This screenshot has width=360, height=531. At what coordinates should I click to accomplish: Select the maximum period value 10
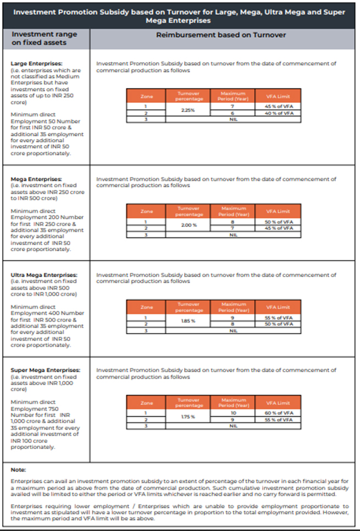point(232,413)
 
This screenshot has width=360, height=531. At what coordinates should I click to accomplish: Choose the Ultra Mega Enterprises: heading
point(45,275)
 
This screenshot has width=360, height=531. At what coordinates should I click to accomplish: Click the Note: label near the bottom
point(18,470)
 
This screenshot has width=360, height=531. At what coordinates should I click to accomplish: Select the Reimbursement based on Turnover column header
point(221,34)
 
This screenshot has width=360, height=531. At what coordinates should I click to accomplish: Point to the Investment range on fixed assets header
point(45,38)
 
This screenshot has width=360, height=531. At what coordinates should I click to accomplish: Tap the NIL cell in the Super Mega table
point(232,426)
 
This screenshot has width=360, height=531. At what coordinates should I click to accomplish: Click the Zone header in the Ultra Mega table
point(146,307)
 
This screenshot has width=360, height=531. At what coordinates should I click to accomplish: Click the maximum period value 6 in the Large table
point(232,113)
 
